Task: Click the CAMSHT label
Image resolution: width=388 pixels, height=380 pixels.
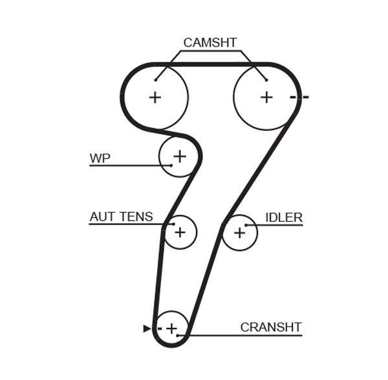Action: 210,43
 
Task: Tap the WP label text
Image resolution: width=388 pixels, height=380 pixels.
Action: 100,157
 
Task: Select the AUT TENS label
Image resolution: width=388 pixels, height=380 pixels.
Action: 121,217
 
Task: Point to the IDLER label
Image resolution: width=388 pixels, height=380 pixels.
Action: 284,217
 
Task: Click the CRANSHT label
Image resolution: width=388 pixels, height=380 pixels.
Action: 271,327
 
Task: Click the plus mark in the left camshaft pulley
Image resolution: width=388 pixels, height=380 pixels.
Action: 155,97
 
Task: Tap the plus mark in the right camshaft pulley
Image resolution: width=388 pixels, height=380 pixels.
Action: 266,97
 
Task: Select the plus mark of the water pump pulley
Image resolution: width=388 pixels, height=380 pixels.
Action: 179,155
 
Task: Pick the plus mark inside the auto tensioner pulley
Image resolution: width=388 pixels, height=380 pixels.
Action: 179,232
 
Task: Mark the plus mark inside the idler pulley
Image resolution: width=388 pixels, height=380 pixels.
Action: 239,232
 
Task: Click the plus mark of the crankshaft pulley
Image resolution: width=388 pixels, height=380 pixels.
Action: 171,329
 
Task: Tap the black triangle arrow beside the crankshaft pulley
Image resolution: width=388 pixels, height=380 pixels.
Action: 146,329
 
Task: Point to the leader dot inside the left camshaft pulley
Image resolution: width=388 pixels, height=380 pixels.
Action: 156,80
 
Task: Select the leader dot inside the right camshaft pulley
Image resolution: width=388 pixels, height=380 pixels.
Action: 266,80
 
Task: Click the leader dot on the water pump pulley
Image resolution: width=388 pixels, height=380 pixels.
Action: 171,166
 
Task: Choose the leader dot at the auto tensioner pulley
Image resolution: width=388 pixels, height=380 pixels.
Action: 173,224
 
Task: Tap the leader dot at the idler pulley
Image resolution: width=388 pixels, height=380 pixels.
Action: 246,225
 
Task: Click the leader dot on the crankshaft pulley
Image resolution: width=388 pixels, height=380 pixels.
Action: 188,335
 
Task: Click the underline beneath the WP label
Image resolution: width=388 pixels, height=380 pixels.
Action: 129,166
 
